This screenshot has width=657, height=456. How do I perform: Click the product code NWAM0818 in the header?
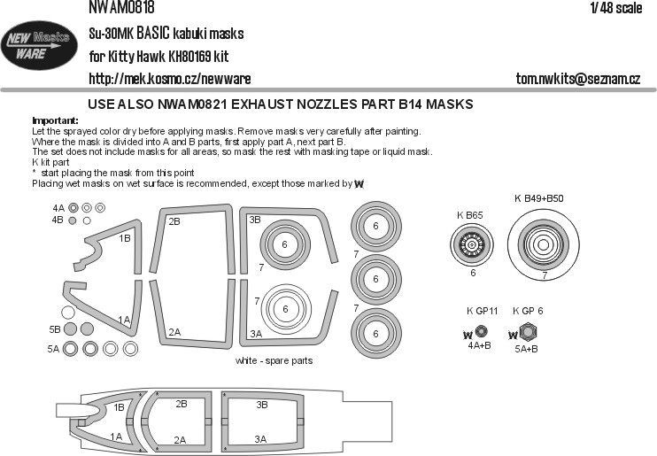pyautogui.click(x=121, y=9)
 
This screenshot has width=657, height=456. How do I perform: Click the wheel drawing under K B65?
pyautogui.click(x=473, y=242)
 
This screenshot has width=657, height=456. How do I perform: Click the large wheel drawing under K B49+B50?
pyautogui.click(x=544, y=242)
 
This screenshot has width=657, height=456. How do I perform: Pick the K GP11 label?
pyautogui.click(x=482, y=311)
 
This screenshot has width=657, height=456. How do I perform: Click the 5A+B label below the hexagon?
pyautogui.click(x=529, y=350)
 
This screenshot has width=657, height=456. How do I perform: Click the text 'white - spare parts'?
pyautogui.click(x=274, y=361)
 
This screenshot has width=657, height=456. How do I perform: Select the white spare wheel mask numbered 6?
pyautogui.click(x=285, y=308)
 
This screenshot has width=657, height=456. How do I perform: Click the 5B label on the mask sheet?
pyautogui.click(x=55, y=329)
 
